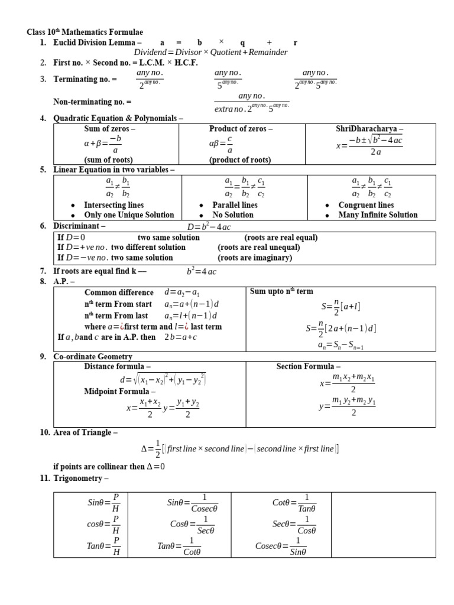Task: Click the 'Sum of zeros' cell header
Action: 110,129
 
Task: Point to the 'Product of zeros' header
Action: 241,129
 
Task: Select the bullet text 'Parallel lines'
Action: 235,205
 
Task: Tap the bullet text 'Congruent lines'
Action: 366,205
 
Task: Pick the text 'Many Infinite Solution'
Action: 378,215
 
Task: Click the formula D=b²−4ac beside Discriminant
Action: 209,226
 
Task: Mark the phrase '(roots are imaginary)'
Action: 255,258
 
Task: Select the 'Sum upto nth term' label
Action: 281,291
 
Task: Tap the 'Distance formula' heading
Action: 117,366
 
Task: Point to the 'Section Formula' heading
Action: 308,366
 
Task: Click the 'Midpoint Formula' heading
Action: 120,391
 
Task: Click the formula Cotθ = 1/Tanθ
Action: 294,503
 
